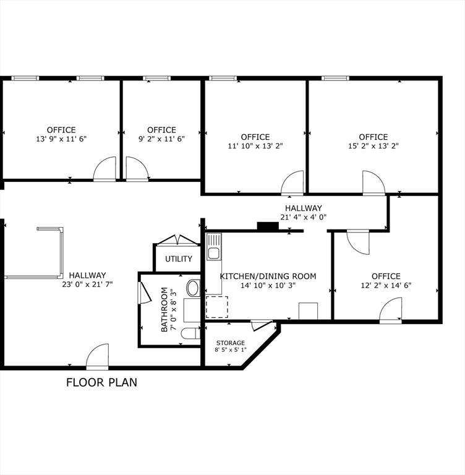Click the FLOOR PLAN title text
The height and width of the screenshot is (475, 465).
(x=101, y=382)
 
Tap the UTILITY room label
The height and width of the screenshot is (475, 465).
(x=179, y=259)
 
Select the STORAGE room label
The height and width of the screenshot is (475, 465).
(x=231, y=343)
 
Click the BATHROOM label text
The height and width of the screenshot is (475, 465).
(x=164, y=309)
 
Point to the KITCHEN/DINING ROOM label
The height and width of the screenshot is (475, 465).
(x=268, y=276)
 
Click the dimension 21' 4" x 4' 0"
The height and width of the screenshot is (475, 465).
(x=303, y=217)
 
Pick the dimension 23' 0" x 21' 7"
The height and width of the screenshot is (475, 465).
(x=87, y=285)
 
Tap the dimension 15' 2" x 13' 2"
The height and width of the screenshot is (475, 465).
(x=373, y=146)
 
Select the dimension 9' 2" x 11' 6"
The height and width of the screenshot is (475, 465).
(x=161, y=139)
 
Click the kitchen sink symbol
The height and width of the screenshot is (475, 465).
(x=214, y=247)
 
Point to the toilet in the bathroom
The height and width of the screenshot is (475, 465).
(x=190, y=333)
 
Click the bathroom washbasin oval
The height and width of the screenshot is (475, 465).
(x=193, y=288)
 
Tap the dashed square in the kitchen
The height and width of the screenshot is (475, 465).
(x=217, y=307)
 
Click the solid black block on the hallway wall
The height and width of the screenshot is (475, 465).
(x=268, y=226)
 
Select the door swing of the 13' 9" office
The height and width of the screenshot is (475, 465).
(x=105, y=168)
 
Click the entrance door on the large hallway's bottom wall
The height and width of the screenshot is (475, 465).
(x=97, y=356)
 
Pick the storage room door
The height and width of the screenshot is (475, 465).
(x=261, y=325)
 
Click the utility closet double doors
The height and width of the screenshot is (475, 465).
(x=177, y=240)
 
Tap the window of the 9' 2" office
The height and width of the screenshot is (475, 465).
(x=156, y=79)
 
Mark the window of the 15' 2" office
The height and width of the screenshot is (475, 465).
(x=335, y=79)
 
